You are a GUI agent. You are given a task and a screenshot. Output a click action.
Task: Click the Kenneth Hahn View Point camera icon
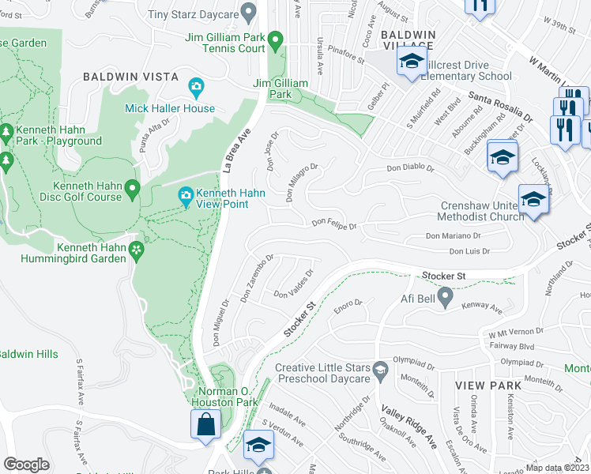[x=186, y=194]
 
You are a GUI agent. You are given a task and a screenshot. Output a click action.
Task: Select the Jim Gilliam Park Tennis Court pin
[x=275, y=39]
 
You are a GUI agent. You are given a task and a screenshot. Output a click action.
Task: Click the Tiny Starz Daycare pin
[x=249, y=13]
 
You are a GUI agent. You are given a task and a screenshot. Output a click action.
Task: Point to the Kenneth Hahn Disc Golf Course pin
[x=133, y=188]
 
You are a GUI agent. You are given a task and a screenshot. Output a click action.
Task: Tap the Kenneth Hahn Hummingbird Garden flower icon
[x=137, y=250]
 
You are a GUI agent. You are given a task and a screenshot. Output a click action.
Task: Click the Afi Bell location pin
[x=445, y=298]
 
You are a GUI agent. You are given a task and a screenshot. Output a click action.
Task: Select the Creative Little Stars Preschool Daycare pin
[x=380, y=370]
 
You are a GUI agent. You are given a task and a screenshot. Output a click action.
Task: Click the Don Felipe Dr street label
[x=333, y=225]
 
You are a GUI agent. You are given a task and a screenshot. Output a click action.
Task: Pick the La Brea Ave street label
[x=236, y=151]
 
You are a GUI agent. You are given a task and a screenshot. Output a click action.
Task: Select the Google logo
[x=26, y=464]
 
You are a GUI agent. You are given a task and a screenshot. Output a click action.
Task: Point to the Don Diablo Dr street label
[x=410, y=167]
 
